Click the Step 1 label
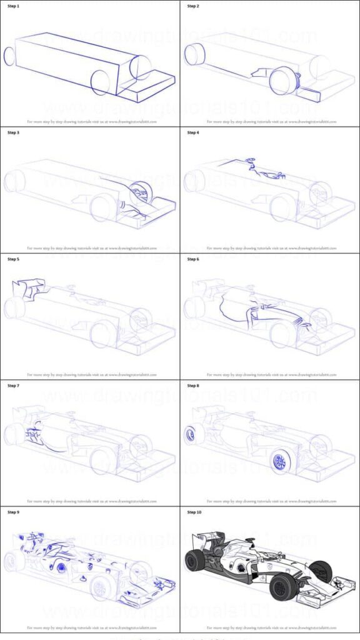click(14, 6)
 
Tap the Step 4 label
click(194, 133)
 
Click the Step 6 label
click(194, 259)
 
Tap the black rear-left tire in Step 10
click(194, 560)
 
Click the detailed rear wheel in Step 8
click(190, 434)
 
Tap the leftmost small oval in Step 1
click(9, 56)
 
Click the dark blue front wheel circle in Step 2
click(282, 80)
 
